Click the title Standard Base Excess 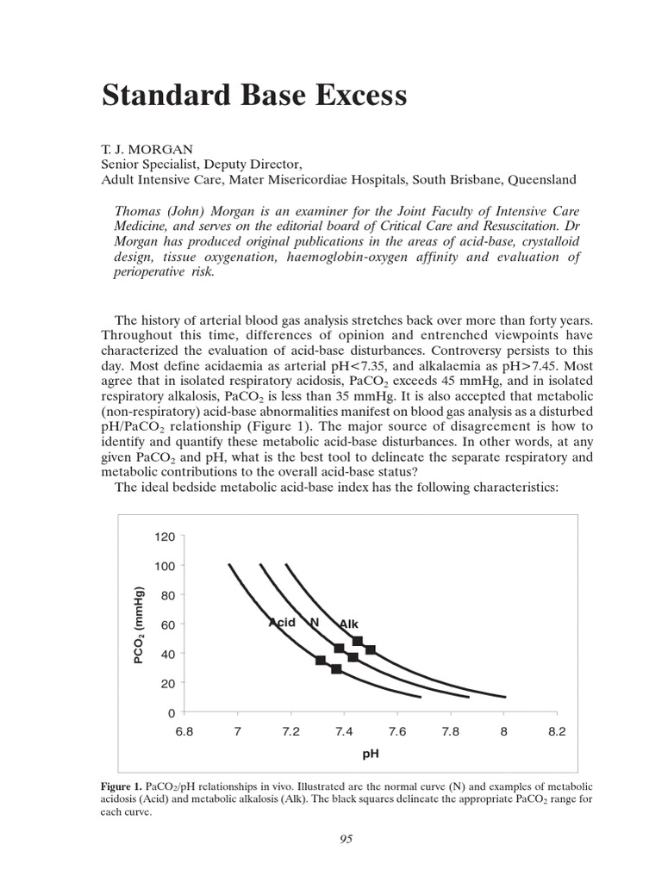point(254,96)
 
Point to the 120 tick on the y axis point(165,537)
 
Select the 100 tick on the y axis point(165,566)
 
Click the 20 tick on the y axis point(167,683)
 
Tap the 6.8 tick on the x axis point(184,732)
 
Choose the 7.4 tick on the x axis point(343,732)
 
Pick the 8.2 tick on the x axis point(557,732)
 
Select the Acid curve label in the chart point(282,622)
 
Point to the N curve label point(315,622)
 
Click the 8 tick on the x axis point(504,732)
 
